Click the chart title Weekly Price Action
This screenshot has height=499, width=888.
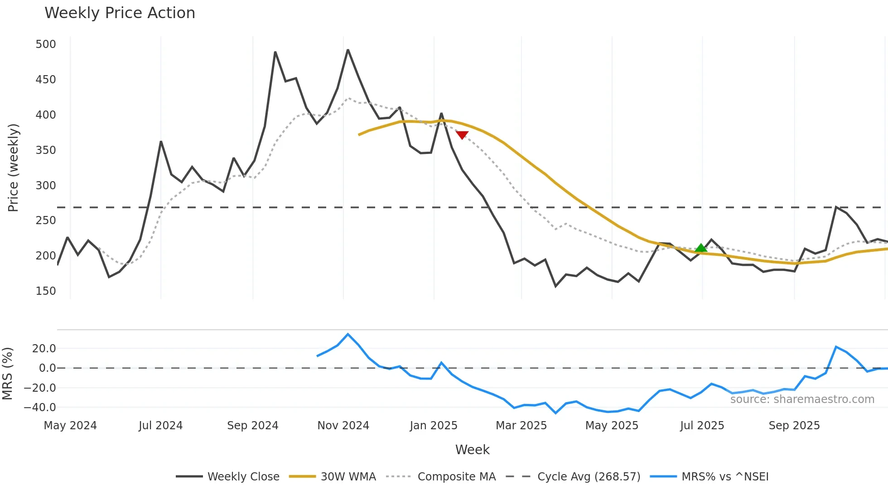tap(120, 13)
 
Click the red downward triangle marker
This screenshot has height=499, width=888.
tap(462, 135)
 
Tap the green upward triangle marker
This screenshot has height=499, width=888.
tap(701, 248)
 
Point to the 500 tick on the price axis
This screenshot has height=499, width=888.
tap(46, 44)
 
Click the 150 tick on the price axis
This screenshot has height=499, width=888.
tap(46, 291)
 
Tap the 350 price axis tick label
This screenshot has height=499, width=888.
tap(46, 150)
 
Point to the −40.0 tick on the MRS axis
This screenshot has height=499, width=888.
tap(40, 408)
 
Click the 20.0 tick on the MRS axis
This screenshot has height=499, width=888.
tap(44, 349)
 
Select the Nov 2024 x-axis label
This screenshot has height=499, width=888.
tap(343, 426)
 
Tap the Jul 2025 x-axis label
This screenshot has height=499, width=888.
tap(702, 426)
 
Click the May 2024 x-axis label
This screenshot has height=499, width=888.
tap(70, 426)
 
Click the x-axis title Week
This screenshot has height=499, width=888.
tap(472, 450)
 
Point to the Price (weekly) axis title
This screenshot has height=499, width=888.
tap(13, 168)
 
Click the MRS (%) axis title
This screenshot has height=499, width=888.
tap(7, 374)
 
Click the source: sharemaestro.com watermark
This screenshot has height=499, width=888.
tap(802, 399)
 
